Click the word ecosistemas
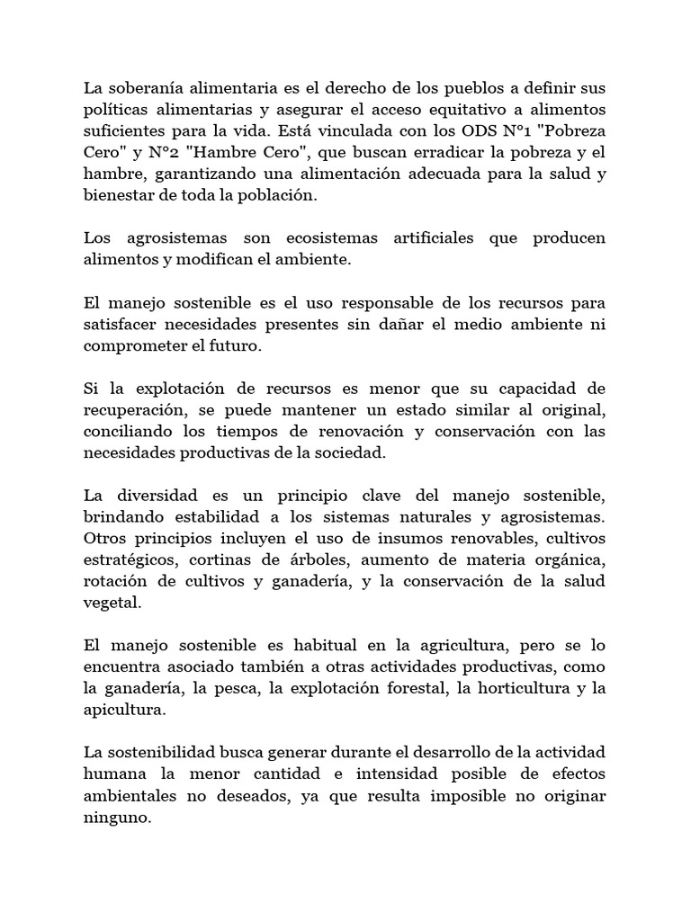[x=330, y=239]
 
